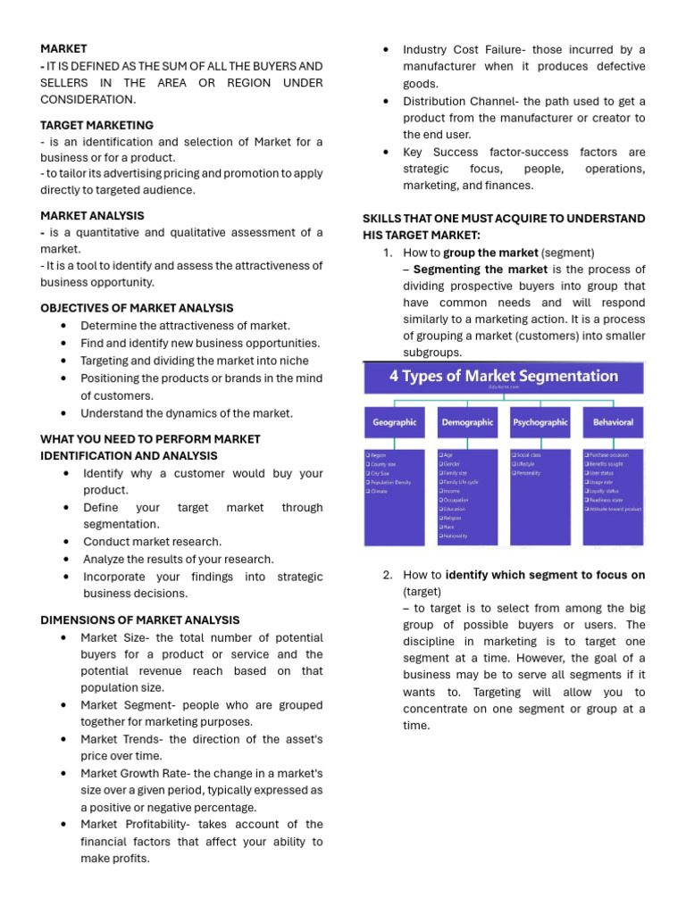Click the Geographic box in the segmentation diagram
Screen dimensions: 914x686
pyautogui.click(x=394, y=422)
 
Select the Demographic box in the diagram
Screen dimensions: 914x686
pyautogui.click(x=467, y=422)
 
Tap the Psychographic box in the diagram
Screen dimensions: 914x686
pyautogui.click(x=540, y=422)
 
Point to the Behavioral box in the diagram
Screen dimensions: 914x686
pyautogui.click(x=612, y=422)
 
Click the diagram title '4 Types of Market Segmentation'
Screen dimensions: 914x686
pyautogui.click(x=503, y=376)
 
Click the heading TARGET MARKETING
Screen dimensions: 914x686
pyautogui.click(x=96, y=125)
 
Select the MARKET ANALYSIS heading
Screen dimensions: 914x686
pyautogui.click(x=92, y=215)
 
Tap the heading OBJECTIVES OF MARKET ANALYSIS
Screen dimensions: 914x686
pyautogui.click(x=137, y=308)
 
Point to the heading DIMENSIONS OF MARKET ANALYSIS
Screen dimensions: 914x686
pyautogui.click(x=139, y=620)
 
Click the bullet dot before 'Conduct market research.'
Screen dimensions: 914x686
pyautogui.click(x=68, y=542)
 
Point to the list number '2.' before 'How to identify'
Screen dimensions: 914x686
pyautogui.click(x=388, y=575)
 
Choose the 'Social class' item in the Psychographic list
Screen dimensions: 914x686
pyautogui.click(x=530, y=454)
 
